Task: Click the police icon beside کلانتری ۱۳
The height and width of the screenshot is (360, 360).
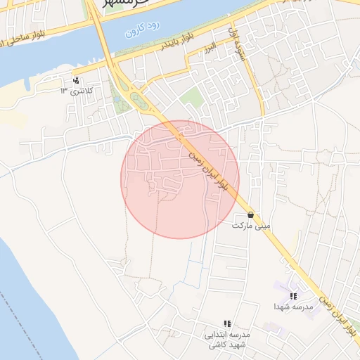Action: coord(77,79)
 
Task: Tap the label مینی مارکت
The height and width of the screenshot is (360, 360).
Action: coord(252,226)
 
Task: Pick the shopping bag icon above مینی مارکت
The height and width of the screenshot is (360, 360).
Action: coord(251,215)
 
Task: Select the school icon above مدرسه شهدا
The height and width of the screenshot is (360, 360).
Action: coord(293,296)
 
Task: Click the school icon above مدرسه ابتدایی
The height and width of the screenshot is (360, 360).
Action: coord(227,323)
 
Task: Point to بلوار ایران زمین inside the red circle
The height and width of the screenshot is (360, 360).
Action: coord(208,168)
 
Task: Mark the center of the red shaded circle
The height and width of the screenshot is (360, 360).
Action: coord(180,179)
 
